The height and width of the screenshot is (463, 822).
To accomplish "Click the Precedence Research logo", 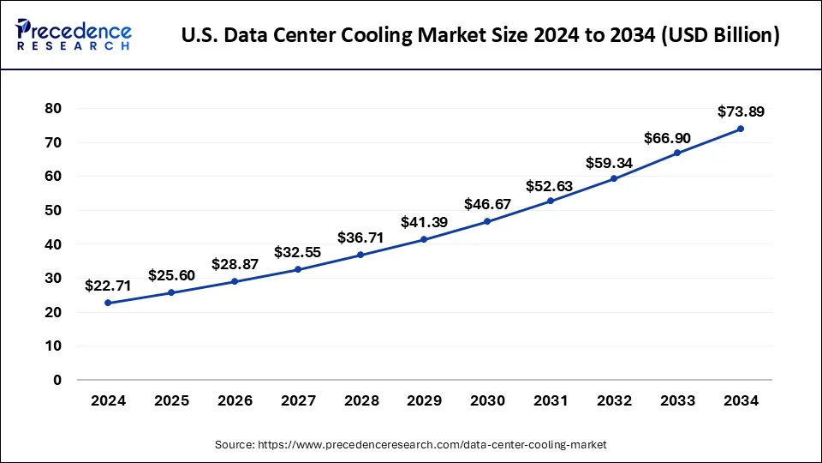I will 74,35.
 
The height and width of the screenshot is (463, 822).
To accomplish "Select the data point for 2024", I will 108,303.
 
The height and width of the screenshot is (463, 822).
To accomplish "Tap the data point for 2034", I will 741,129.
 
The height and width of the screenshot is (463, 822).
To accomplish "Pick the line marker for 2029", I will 424,239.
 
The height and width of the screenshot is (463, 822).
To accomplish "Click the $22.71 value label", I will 108,286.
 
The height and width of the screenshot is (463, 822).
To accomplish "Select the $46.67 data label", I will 487,204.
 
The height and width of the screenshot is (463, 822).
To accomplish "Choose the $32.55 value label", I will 297,252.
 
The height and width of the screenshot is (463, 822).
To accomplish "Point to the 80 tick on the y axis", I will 54,108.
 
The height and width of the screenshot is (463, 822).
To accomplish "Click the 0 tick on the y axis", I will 57,380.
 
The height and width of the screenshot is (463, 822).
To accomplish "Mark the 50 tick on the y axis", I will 54,210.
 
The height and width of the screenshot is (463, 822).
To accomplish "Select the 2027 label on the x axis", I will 297,401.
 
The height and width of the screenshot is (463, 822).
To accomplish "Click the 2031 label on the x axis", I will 551,401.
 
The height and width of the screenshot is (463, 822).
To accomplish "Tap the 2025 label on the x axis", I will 171,401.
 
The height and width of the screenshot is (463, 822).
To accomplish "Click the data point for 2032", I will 614,178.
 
